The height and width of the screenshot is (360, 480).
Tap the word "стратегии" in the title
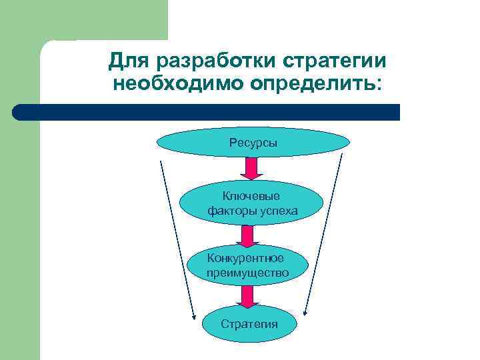tap(334, 61)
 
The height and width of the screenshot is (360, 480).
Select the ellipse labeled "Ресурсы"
tap(253, 143)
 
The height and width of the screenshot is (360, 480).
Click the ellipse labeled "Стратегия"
tap(249, 324)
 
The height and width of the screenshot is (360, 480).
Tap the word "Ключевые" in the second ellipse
tap(251, 196)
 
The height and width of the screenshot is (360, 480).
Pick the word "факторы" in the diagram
tap(230, 211)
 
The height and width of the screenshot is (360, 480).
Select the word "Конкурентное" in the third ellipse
tap(245, 258)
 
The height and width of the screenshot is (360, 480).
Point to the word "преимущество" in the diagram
tap(247, 273)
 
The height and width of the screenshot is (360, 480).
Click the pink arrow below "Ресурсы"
tap(251, 169)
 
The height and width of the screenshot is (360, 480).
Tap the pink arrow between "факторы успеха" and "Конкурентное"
tap(247, 236)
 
